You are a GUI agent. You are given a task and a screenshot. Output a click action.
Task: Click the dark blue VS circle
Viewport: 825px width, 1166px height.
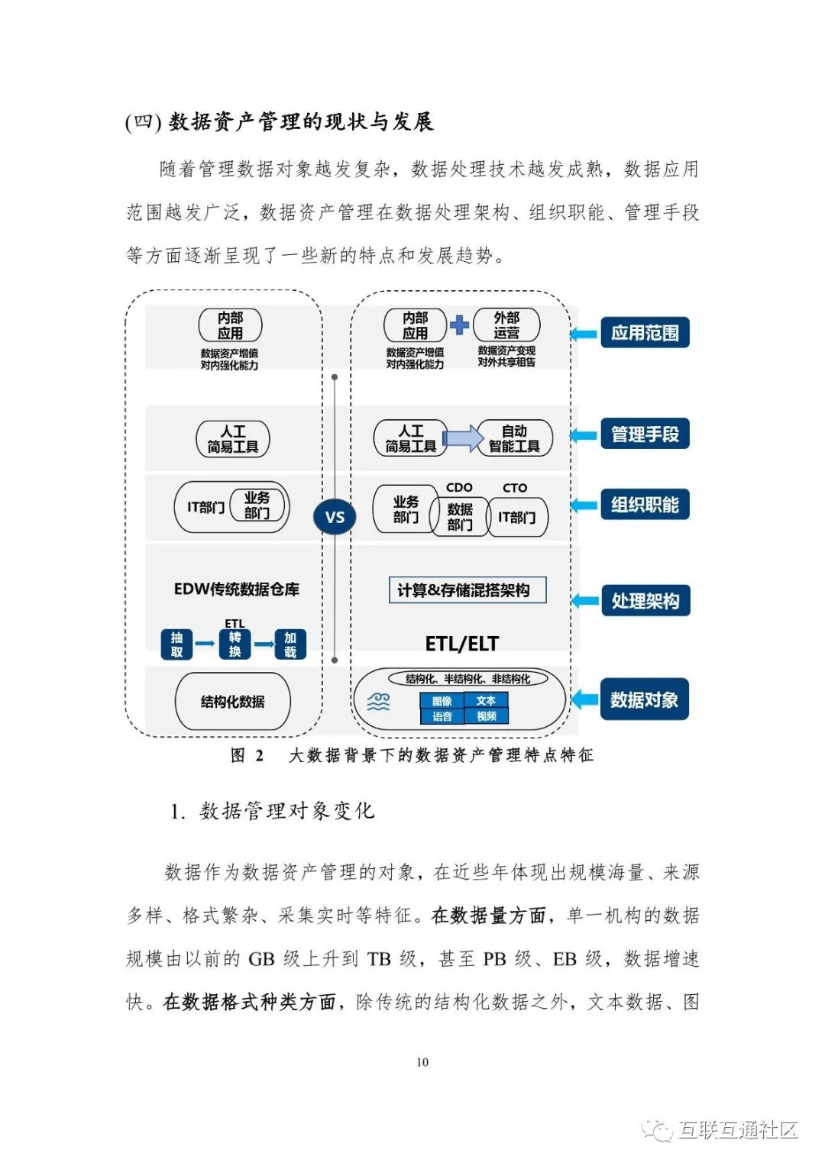(x=335, y=517)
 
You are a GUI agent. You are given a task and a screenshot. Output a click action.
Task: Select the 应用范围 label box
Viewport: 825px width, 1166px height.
(x=645, y=333)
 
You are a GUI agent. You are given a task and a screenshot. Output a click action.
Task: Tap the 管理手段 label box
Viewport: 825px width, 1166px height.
(x=645, y=434)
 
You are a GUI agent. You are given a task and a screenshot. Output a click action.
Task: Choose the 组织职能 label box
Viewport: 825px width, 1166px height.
(x=645, y=505)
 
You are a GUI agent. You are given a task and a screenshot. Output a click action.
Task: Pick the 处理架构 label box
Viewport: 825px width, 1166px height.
(x=645, y=601)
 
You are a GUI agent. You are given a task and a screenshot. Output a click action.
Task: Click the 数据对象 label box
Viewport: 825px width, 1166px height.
(x=644, y=699)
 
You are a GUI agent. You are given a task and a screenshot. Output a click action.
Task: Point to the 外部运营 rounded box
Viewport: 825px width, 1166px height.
(x=506, y=325)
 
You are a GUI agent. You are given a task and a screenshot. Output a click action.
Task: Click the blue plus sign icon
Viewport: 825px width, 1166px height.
(x=459, y=325)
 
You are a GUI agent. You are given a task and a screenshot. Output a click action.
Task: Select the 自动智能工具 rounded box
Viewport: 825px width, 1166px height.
(x=514, y=439)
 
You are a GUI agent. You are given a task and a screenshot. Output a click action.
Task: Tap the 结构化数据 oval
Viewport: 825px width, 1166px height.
(x=233, y=702)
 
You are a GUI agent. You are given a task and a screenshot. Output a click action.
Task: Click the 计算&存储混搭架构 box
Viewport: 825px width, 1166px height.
(x=467, y=590)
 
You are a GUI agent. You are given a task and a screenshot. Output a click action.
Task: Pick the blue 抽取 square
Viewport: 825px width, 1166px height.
(x=176, y=644)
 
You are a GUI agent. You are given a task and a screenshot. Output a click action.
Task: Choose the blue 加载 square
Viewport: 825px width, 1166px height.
(x=290, y=644)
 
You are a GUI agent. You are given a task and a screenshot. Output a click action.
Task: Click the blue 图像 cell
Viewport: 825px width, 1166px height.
(x=442, y=701)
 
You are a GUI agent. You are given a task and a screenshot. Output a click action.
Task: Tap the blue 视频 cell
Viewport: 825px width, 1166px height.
(x=486, y=716)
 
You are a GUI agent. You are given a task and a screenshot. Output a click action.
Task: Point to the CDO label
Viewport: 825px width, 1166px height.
(x=459, y=487)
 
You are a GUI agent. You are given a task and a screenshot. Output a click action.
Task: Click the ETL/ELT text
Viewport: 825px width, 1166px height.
(x=461, y=644)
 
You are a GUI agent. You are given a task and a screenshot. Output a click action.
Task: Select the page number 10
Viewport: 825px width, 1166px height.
(x=422, y=1062)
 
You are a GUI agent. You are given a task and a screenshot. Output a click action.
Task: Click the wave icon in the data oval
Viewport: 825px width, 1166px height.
(x=379, y=702)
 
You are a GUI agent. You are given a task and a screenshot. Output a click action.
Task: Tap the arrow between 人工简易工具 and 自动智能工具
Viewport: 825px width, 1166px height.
(x=462, y=438)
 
